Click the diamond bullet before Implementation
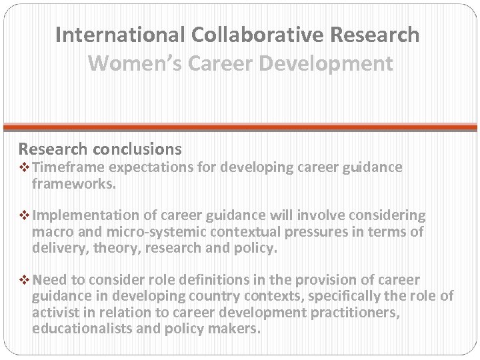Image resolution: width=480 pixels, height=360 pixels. pyautogui.click(x=25, y=216)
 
